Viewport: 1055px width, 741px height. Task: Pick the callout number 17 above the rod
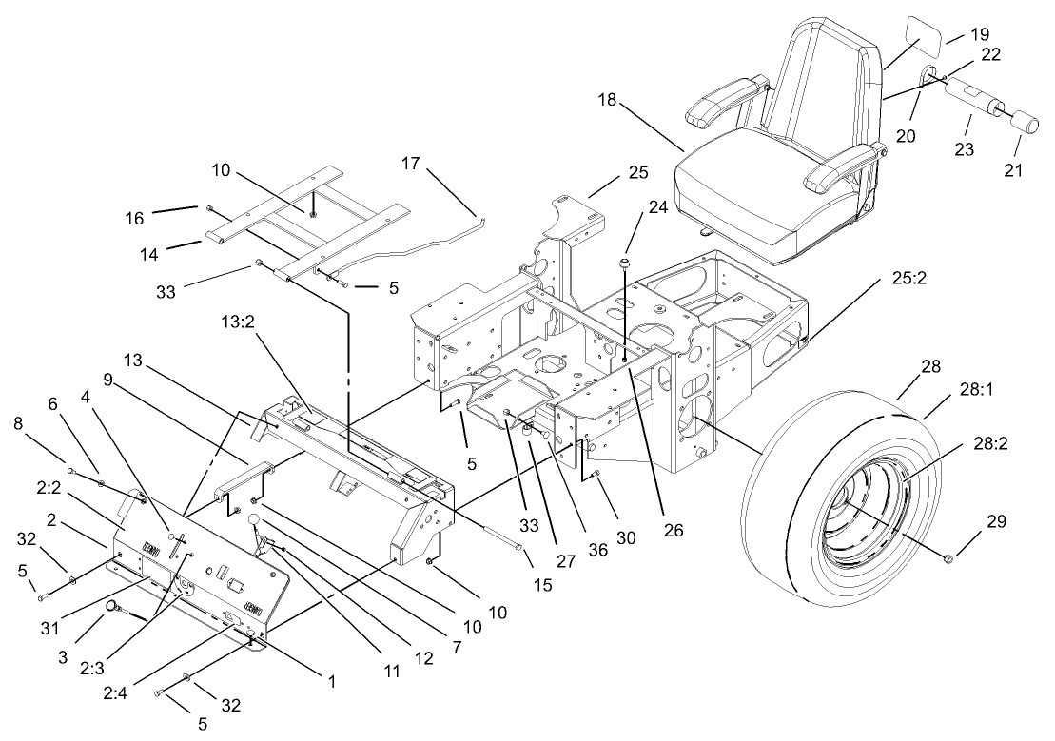410,164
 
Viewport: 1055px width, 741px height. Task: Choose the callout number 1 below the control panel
331,681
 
